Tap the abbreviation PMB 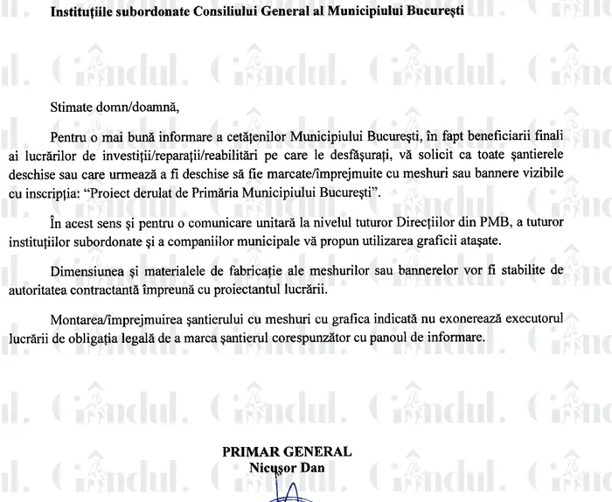485,223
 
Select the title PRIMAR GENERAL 287,452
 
